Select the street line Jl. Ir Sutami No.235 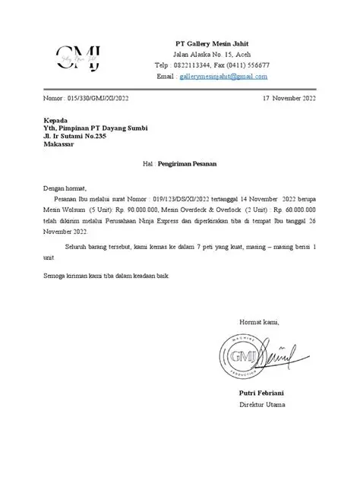pyautogui.click(x=81, y=137)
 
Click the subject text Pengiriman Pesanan pyautogui.click(x=189, y=163)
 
